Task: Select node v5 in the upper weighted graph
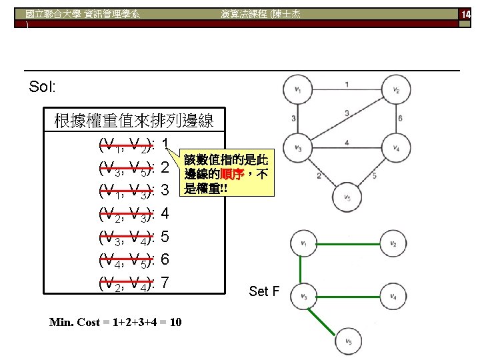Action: (347, 197)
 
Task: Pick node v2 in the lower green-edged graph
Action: (393, 245)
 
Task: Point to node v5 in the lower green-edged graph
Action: (349, 342)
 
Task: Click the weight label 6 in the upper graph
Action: (399, 119)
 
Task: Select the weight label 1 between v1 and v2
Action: (347, 84)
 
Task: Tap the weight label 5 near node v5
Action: (375, 176)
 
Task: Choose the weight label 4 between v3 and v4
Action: (347, 142)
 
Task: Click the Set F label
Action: (264, 291)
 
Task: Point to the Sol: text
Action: (43, 87)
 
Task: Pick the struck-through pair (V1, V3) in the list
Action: (126, 191)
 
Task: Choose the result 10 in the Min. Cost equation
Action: (174, 323)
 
